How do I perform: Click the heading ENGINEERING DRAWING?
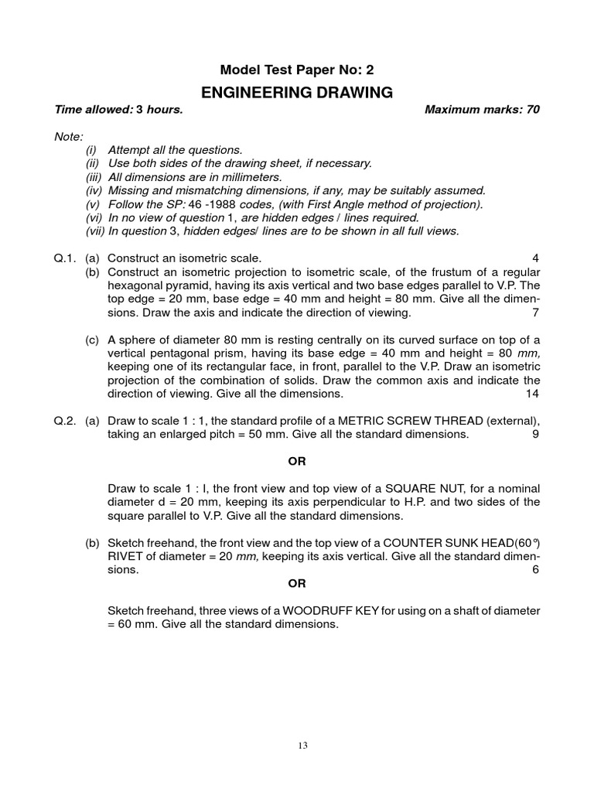[x=297, y=93]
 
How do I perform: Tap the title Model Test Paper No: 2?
[x=297, y=70]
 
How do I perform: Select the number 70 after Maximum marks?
[x=532, y=110]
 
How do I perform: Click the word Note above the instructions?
[x=68, y=136]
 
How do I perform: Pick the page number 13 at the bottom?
[x=302, y=746]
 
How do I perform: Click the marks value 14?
[x=532, y=394]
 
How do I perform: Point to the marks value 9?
[x=535, y=435]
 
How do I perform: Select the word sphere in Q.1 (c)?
[x=135, y=340]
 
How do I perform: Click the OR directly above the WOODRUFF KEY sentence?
[x=297, y=583]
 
